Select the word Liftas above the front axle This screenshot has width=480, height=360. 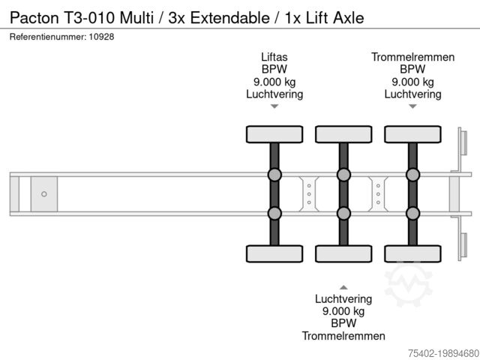coord(274,57)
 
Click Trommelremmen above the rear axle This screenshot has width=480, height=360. coord(412,57)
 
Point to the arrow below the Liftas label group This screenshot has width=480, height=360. coord(274,106)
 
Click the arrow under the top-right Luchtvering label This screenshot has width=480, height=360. coord(412,106)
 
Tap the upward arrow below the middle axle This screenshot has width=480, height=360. coord(343,286)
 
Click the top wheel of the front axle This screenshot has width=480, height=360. coord(274,134)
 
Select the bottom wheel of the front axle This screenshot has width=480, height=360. coord(274,253)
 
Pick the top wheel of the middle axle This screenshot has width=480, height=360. coord(343,134)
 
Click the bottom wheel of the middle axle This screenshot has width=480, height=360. coord(343,253)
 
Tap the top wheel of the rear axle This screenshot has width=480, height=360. coord(412,134)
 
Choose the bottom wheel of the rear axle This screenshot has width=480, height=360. coord(412,253)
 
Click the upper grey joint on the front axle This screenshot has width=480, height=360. coord(274,175)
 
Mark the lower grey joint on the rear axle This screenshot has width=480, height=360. coord(412,213)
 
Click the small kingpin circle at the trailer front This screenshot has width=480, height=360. coord(44,194)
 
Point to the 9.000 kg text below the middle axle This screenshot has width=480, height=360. coord(343,311)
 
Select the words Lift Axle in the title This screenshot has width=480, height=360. coord(332,17)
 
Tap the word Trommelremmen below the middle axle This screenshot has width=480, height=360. coord(343,336)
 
